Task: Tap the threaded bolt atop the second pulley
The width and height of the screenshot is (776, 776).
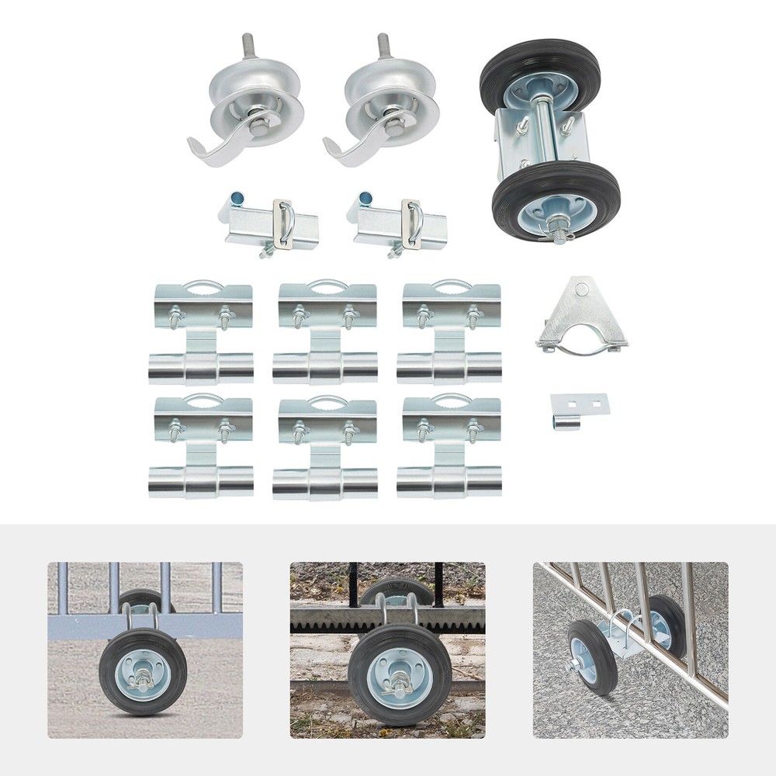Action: tap(383, 47)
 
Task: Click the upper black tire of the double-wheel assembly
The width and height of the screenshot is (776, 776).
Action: tap(540, 74)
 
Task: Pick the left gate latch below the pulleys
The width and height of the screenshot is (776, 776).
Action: tap(272, 225)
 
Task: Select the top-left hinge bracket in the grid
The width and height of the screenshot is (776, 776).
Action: tap(202, 334)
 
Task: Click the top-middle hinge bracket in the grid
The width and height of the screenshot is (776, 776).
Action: tap(327, 334)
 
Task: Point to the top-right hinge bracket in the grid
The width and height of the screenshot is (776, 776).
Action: tap(450, 334)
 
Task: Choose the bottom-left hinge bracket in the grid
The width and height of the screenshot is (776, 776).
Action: tap(202, 448)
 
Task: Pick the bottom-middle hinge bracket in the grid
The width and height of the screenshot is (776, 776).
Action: tap(327, 448)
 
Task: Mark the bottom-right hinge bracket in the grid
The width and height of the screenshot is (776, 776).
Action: tap(450, 448)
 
